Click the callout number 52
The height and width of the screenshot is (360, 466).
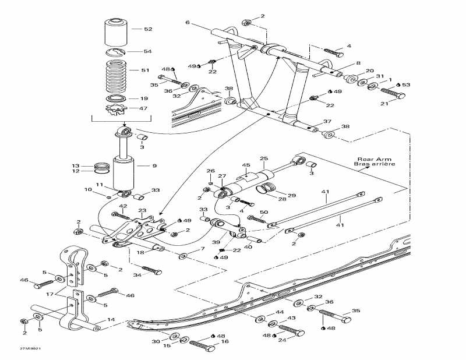tap(148, 29)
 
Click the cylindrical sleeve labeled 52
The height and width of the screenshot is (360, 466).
tap(116, 33)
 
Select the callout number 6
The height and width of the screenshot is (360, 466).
tap(188, 23)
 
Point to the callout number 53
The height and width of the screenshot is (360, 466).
tap(406, 85)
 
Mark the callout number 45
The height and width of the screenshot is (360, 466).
tap(246, 165)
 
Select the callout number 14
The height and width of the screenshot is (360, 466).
tap(111, 320)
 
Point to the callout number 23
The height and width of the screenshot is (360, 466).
tap(142, 211)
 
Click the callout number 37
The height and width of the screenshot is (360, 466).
tap(327, 122)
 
